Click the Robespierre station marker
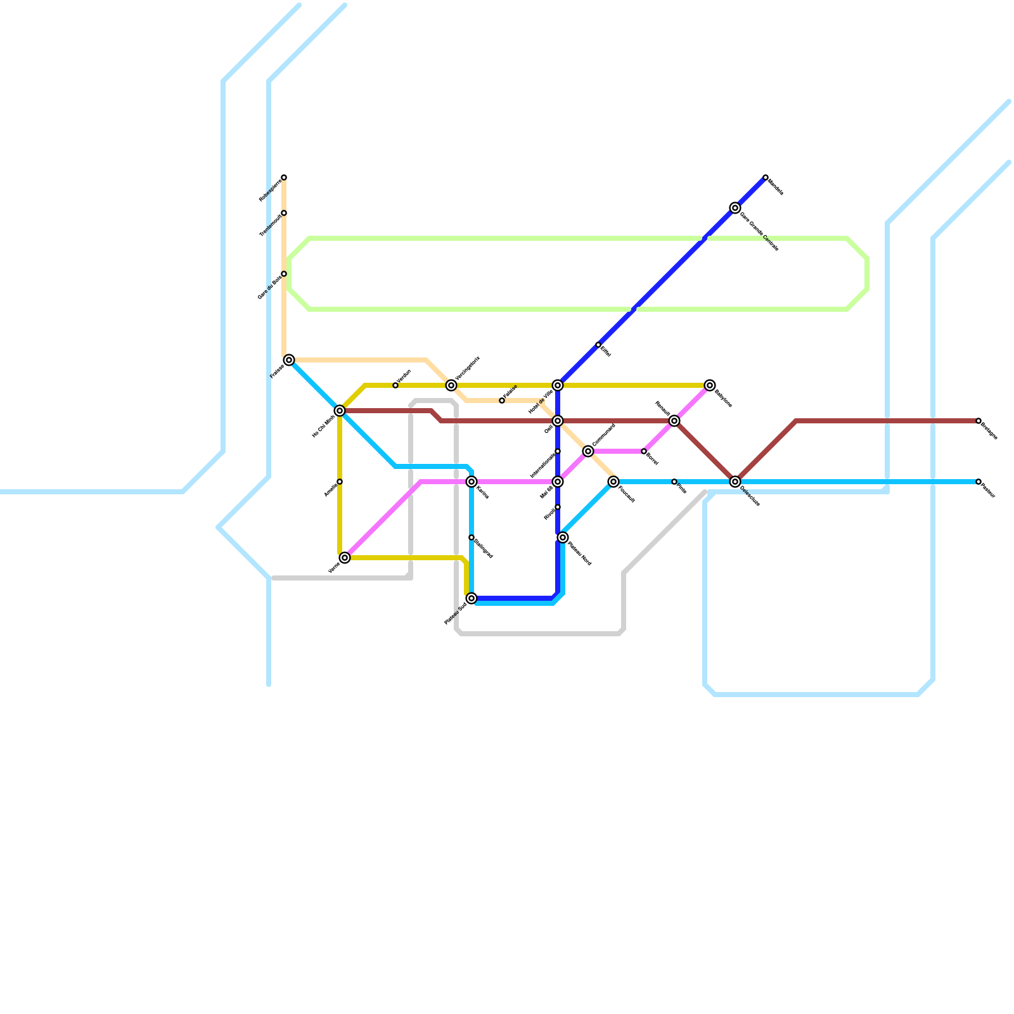284,177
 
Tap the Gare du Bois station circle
284,274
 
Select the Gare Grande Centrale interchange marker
735,208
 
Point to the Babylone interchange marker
710,385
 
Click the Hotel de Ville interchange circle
558,385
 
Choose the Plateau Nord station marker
563,537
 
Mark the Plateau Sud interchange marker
472,598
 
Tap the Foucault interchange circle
613,482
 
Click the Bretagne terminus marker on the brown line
979,421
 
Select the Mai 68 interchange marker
558,482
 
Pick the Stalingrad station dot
472,537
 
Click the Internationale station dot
558,451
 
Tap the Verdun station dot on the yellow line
395,385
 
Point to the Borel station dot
644,451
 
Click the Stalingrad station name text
484,549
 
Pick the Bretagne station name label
989,432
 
